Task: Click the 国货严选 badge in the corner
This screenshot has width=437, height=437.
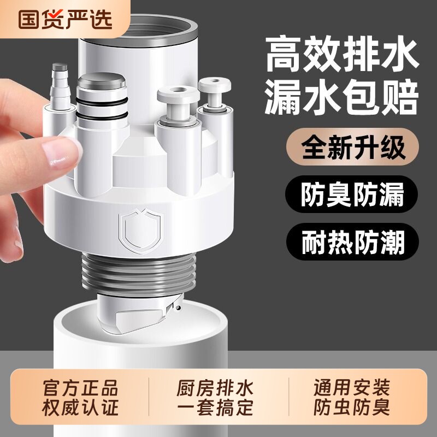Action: click(x=64, y=18)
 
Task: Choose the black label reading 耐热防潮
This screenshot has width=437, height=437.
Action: click(x=352, y=241)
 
